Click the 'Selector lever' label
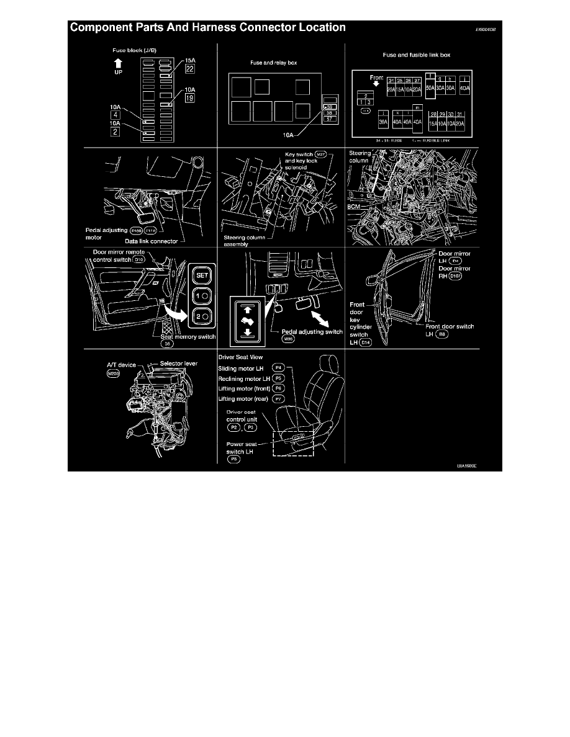pos(178,363)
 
